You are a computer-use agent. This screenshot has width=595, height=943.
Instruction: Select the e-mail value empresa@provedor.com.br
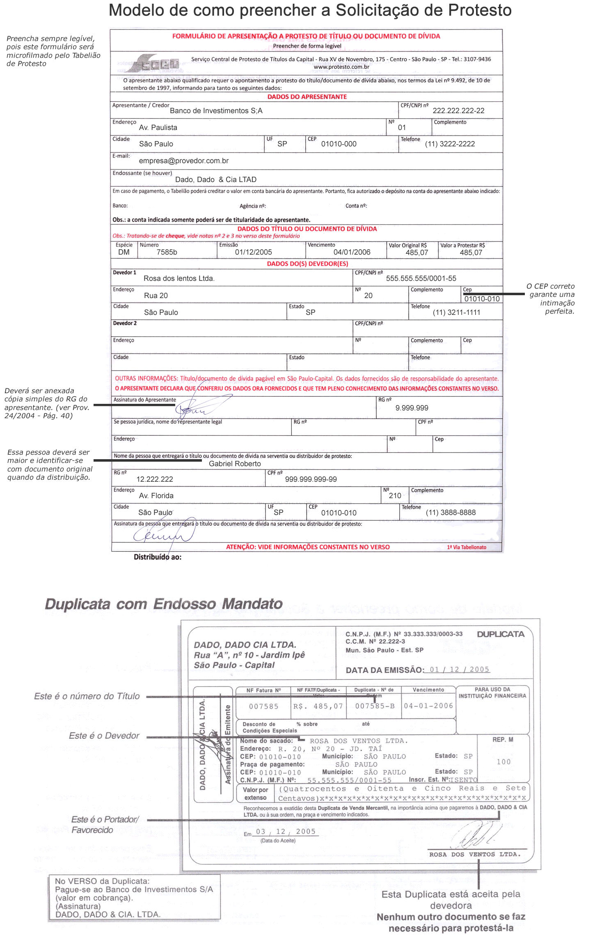click(x=183, y=161)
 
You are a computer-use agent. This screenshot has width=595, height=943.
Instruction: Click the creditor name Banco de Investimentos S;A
click(x=216, y=111)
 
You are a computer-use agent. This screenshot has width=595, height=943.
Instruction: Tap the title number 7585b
click(x=167, y=252)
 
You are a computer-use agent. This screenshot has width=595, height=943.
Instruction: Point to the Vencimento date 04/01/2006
click(x=352, y=252)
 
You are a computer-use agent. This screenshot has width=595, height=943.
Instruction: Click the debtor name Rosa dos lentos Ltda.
click(x=179, y=278)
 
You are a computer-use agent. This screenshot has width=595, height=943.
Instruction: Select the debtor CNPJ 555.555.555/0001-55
click(x=421, y=278)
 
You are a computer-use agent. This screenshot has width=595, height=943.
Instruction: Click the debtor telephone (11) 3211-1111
click(x=456, y=312)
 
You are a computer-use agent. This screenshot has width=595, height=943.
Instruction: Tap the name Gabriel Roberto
click(x=235, y=464)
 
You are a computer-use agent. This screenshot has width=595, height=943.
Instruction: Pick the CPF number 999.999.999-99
click(x=311, y=479)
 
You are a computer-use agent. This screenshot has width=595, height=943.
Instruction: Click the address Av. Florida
click(x=156, y=496)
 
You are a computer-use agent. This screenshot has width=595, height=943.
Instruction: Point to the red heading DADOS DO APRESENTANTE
click(x=307, y=97)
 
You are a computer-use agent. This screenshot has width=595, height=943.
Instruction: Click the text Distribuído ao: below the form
click(x=158, y=557)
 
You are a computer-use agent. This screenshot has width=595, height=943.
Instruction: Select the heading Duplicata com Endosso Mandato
click(x=164, y=604)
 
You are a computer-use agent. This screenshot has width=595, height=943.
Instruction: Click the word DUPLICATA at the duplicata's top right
click(x=501, y=634)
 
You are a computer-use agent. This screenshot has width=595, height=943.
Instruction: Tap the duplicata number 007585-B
click(x=375, y=706)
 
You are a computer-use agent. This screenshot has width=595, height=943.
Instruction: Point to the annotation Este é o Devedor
click(x=104, y=736)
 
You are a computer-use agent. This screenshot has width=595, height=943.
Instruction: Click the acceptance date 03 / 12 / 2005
click(x=286, y=831)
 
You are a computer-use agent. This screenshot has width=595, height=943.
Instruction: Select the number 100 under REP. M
click(x=503, y=762)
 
